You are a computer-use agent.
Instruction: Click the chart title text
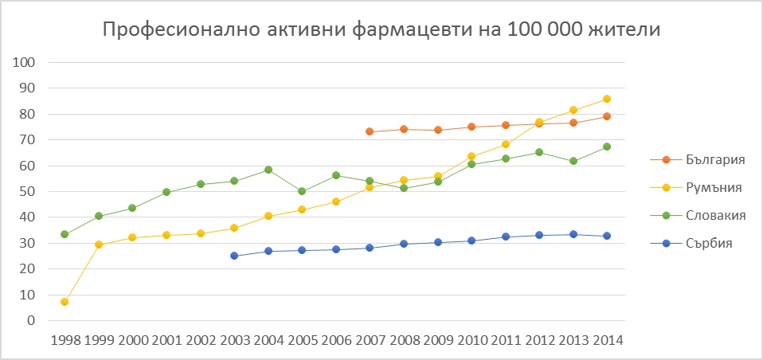coord(381,32)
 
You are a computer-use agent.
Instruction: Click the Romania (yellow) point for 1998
coord(65,302)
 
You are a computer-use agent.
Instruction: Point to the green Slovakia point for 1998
coord(65,234)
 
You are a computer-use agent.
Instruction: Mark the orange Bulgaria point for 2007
coord(370,131)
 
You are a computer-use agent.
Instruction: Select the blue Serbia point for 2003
coord(234,256)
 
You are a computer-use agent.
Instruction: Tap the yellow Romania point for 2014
coord(607,99)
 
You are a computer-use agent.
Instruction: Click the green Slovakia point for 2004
coord(268,170)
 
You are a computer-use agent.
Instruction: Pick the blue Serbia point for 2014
coord(607,236)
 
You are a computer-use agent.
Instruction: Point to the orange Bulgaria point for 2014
coord(607,116)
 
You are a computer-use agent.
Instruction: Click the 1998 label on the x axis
coord(65,340)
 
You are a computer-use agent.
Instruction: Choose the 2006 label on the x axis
coord(336,340)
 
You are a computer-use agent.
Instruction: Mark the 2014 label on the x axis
coord(607,340)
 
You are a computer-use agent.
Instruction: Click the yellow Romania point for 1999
coord(99,245)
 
